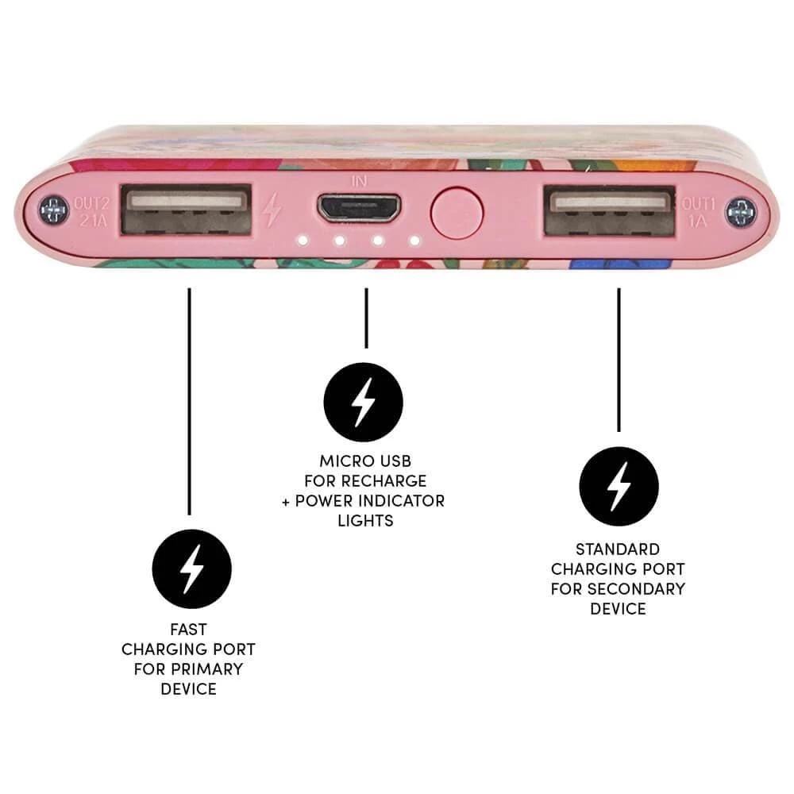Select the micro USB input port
(360, 209)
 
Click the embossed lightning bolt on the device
(272, 210)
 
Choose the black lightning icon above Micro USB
(364, 403)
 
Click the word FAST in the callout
(188, 630)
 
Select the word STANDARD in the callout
(618, 549)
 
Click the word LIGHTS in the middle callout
(365, 521)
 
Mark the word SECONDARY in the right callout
(638, 588)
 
